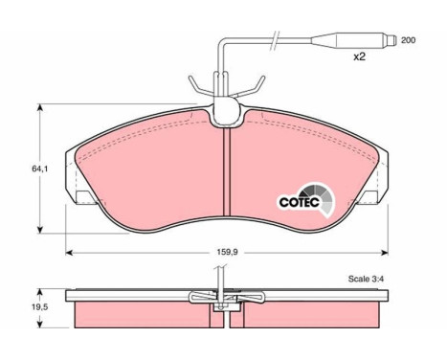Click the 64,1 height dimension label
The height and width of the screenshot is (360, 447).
(x=39, y=169)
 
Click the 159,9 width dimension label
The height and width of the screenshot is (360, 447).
(x=227, y=252)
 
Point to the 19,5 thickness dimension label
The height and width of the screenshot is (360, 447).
(x=39, y=307)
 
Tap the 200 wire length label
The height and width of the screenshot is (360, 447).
(x=408, y=40)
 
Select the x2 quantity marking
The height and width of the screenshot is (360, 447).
(x=359, y=57)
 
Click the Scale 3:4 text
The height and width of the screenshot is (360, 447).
(x=366, y=279)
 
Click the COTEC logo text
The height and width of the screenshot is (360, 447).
(x=299, y=202)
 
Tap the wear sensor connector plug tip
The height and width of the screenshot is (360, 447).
(x=391, y=40)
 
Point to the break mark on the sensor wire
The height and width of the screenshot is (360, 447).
(x=275, y=40)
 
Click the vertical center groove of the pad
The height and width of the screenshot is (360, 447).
(x=227, y=172)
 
